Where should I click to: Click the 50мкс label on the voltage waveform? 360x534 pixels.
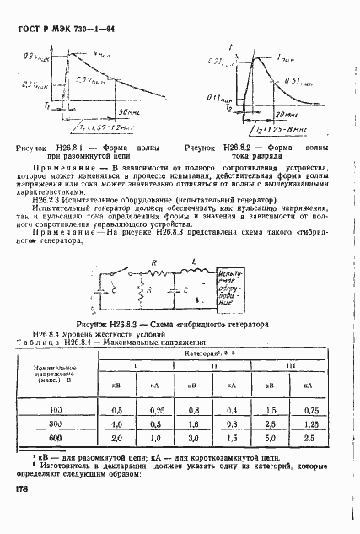127,111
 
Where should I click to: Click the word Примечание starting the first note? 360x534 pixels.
62,169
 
